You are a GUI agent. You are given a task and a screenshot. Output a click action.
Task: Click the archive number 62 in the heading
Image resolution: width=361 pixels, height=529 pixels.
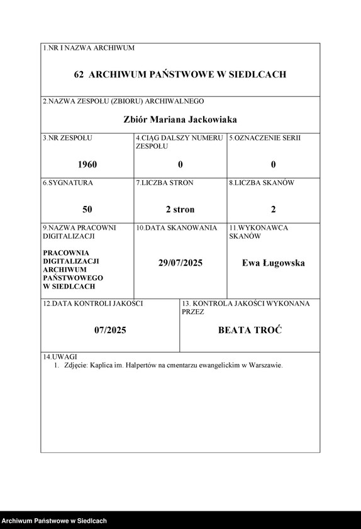79,74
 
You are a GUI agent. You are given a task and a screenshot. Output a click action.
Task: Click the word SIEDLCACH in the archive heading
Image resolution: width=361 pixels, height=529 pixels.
257,74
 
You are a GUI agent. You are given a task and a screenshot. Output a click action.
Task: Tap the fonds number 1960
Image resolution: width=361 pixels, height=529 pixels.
87,164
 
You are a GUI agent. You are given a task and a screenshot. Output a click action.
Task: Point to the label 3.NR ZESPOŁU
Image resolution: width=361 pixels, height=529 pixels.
67,137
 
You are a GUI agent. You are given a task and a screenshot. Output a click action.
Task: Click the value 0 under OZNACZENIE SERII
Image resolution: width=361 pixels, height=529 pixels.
274,164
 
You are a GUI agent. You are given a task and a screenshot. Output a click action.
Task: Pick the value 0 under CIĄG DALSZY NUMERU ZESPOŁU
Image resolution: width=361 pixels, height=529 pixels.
181,164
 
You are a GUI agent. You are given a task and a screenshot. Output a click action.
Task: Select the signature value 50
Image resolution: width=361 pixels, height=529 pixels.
87,209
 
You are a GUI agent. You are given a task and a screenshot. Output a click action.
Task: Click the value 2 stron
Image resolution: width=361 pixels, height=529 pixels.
181,209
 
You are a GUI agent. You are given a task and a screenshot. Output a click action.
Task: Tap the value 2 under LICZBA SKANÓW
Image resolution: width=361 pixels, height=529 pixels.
274,209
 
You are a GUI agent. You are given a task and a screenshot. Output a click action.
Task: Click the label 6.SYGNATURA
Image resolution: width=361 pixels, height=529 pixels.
68,183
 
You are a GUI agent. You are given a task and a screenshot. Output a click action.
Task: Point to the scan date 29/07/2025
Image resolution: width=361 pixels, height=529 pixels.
181,263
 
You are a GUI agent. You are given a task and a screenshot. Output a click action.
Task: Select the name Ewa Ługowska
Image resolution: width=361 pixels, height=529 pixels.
274,263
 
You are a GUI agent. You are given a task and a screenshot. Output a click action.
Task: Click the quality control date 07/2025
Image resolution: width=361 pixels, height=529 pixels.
111,330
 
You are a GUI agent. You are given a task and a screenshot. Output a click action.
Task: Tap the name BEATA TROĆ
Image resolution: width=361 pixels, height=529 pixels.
250,330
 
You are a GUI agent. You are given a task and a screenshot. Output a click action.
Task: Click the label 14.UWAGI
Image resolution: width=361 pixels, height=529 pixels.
56,356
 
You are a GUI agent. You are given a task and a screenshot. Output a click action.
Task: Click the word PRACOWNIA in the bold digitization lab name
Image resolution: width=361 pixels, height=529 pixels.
65,253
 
